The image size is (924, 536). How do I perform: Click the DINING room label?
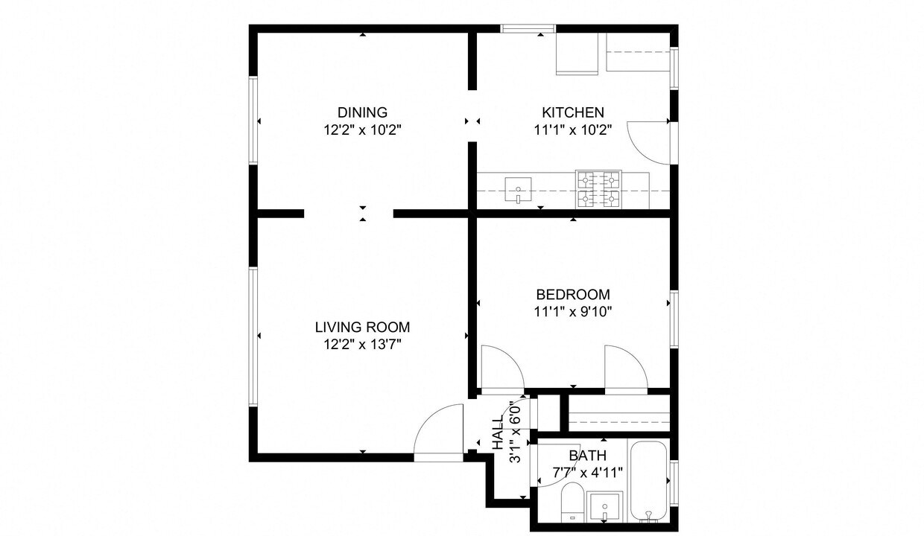tap(362, 112)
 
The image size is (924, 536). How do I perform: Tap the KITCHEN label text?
tap(572, 112)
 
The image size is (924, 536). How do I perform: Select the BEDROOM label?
tap(572, 294)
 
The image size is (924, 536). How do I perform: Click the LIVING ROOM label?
tap(362, 327)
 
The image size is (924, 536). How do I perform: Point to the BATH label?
tap(587, 456)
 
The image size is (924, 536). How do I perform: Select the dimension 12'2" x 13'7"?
tap(362, 344)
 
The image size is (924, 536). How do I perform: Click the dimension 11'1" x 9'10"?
tap(572, 312)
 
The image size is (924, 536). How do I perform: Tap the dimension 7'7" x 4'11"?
tap(587, 472)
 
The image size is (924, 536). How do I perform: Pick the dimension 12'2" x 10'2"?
tap(362, 130)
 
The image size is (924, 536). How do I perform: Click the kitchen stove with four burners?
tap(598, 189)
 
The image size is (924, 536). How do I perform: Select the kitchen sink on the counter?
tap(518, 189)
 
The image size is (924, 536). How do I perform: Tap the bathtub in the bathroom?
tap(649, 482)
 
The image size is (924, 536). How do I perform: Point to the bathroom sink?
tap(604, 507)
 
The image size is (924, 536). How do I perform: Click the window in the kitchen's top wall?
tap(528, 29)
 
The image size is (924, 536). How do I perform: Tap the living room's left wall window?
tap(253, 336)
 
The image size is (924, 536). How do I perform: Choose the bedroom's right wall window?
tap(674, 319)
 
